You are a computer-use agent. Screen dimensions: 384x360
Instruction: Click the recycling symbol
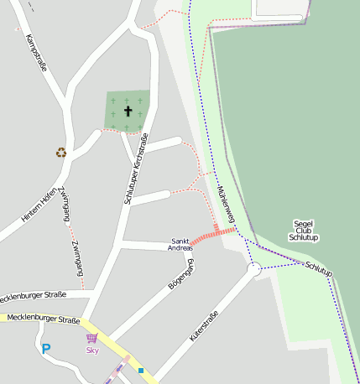click(60, 152)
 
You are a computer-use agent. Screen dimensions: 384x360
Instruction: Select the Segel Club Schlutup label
click(303, 231)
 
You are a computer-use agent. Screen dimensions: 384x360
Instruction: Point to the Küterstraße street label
click(204, 325)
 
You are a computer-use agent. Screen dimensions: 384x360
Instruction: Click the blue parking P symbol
click(46, 349)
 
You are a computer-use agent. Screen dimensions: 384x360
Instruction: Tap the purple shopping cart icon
click(91, 339)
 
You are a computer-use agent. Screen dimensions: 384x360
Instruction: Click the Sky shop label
click(92, 350)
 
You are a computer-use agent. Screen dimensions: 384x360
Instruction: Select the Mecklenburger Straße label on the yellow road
click(42, 319)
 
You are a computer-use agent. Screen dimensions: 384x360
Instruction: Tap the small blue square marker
click(141, 370)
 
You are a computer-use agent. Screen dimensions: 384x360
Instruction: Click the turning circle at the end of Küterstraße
click(255, 270)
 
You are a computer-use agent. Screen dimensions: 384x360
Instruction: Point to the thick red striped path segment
click(213, 235)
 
